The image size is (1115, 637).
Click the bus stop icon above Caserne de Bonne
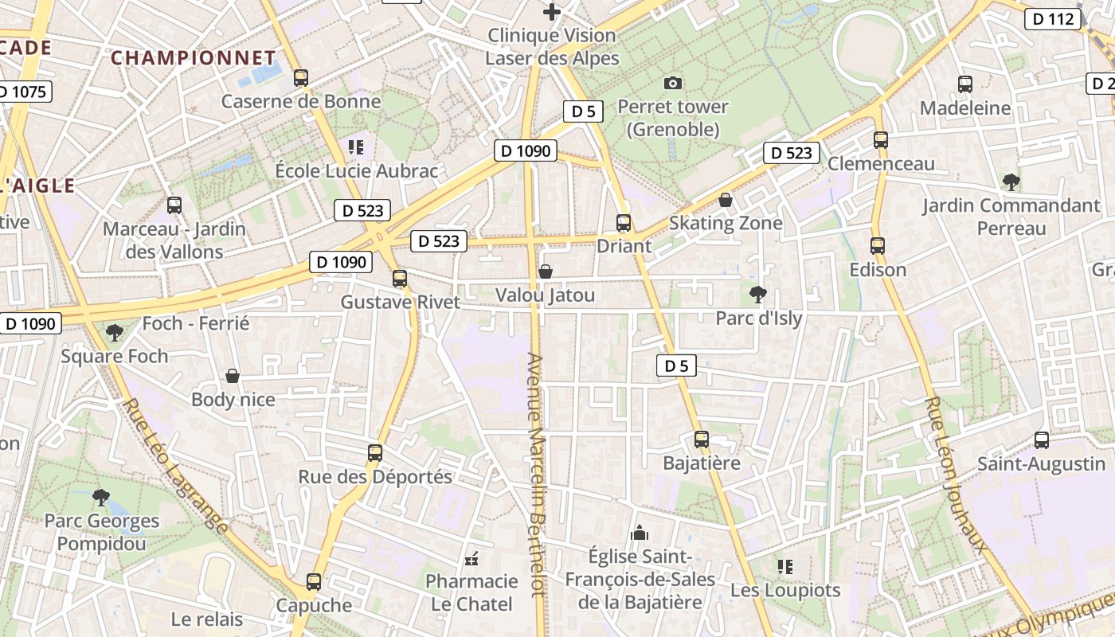300,77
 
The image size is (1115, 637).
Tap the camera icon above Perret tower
673,83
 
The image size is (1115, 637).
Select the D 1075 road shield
24,92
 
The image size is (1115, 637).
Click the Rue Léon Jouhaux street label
955,474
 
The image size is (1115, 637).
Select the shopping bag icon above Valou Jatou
546,272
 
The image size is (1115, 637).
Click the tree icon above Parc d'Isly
758,295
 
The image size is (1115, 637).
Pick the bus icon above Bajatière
702,439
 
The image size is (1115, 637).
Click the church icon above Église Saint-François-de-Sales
640,533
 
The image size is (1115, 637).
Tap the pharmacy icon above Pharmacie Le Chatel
472,558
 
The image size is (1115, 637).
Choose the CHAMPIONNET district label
193,58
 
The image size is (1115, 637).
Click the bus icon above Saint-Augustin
1042,440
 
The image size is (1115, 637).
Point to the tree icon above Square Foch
115,332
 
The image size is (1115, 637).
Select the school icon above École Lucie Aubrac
356,147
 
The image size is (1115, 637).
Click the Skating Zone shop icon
726,199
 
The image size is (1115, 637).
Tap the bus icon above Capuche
314,581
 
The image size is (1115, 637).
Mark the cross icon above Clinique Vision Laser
552,12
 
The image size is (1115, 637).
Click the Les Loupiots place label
785,590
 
